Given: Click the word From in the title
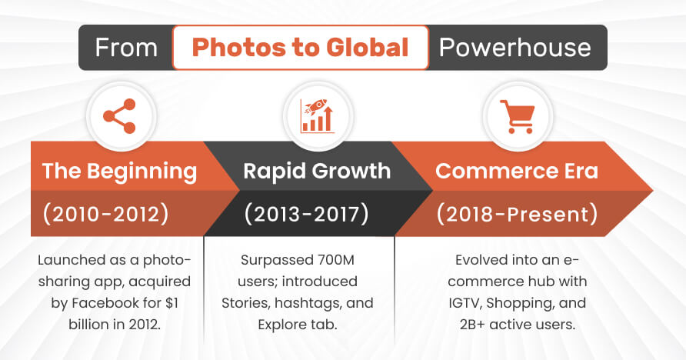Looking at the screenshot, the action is pyautogui.click(x=126, y=48).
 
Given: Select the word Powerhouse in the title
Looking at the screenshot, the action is pyautogui.click(x=515, y=48).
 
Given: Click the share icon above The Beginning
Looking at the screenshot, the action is pyautogui.click(x=119, y=116).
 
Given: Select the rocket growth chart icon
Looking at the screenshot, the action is pyautogui.click(x=317, y=116).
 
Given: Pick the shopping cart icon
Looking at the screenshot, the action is pyautogui.click(x=517, y=117).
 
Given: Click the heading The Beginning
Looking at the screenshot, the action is pyautogui.click(x=119, y=171).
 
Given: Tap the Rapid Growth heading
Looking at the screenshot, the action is pyautogui.click(x=317, y=171).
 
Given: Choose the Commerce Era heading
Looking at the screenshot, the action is pyautogui.click(x=517, y=171).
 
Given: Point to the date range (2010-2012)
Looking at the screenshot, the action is pyautogui.click(x=105, y=215).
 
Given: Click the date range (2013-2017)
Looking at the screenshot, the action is pyautogui.click(x=307, y=215).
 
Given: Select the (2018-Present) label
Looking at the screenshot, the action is pyautogui.click(x=517, y=215).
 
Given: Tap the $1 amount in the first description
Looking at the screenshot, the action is pyautogui.click(x=172, y=303).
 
